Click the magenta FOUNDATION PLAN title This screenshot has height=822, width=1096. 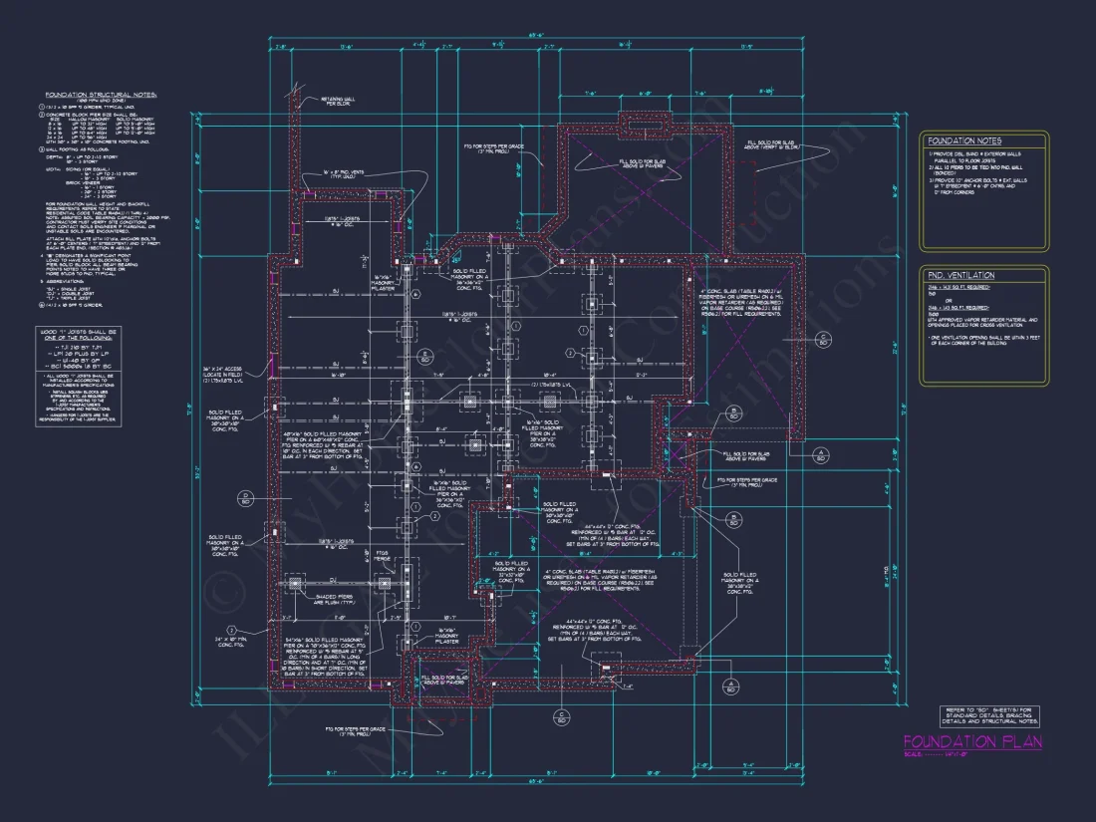coord(971,741)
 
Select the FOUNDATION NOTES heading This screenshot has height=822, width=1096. coord(963,141)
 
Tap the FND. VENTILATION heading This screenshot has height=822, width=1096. coord(960,275)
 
